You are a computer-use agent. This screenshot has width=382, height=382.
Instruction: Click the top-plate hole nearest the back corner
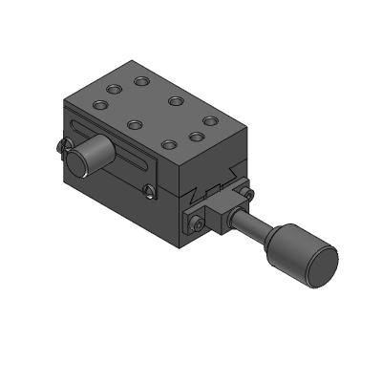[141, 80]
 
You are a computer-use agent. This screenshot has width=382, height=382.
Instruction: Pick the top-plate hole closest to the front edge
[169, 144]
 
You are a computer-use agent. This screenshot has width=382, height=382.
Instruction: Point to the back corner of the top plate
[144, 66]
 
